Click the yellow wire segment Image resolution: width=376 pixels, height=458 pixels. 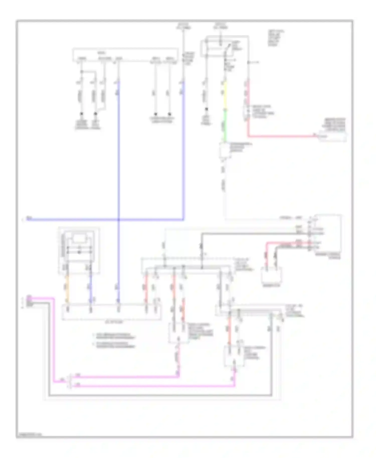pos(225,95)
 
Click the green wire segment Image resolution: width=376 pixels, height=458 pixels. pos(225,125)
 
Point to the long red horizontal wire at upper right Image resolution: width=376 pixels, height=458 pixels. pos(281,137)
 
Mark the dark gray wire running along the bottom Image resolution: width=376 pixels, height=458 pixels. pos(160,396)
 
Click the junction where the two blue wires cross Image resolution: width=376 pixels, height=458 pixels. pos(119,220)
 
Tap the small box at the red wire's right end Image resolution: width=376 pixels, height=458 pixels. pos(332,137)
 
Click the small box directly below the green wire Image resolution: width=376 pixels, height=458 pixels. pos(225,150)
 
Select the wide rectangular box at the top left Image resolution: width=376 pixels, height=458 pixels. pos(125,55)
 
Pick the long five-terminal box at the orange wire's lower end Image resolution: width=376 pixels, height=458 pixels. pos(112,312)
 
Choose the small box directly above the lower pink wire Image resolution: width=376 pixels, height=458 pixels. pos(234,356)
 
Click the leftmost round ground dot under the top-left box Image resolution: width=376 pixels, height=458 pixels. pos(81,113)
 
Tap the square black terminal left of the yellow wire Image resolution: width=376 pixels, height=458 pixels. pos(207,109)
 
